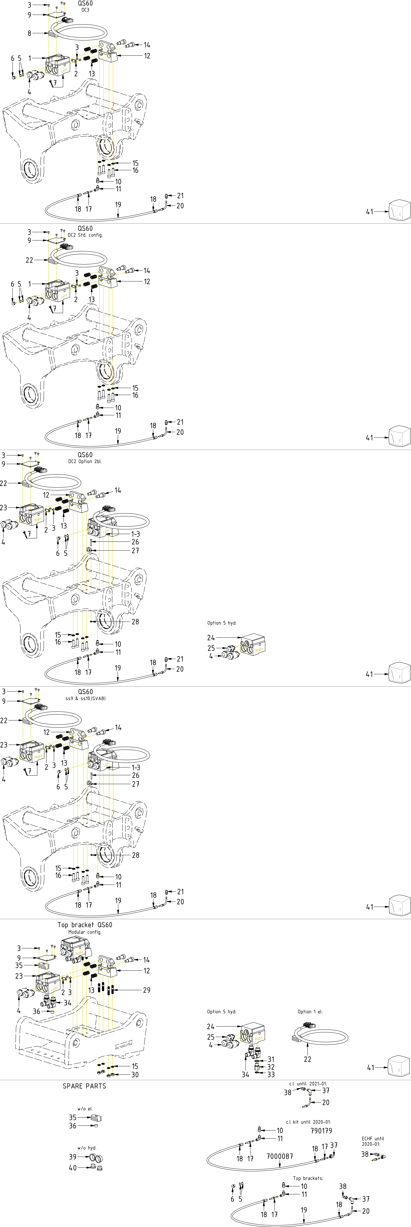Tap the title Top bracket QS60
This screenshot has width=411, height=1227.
click(x=85, y=925)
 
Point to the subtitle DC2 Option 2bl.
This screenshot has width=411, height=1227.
click(x=85, y=461)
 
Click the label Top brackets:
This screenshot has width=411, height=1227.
click(x=308, y=1178)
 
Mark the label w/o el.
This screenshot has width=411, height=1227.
click(x=85, y=1108)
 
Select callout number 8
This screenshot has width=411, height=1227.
click(x=30, y=33)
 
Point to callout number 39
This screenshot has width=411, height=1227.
click(x=72, y=1157)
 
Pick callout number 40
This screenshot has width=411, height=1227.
click(x=72, y=1167)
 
